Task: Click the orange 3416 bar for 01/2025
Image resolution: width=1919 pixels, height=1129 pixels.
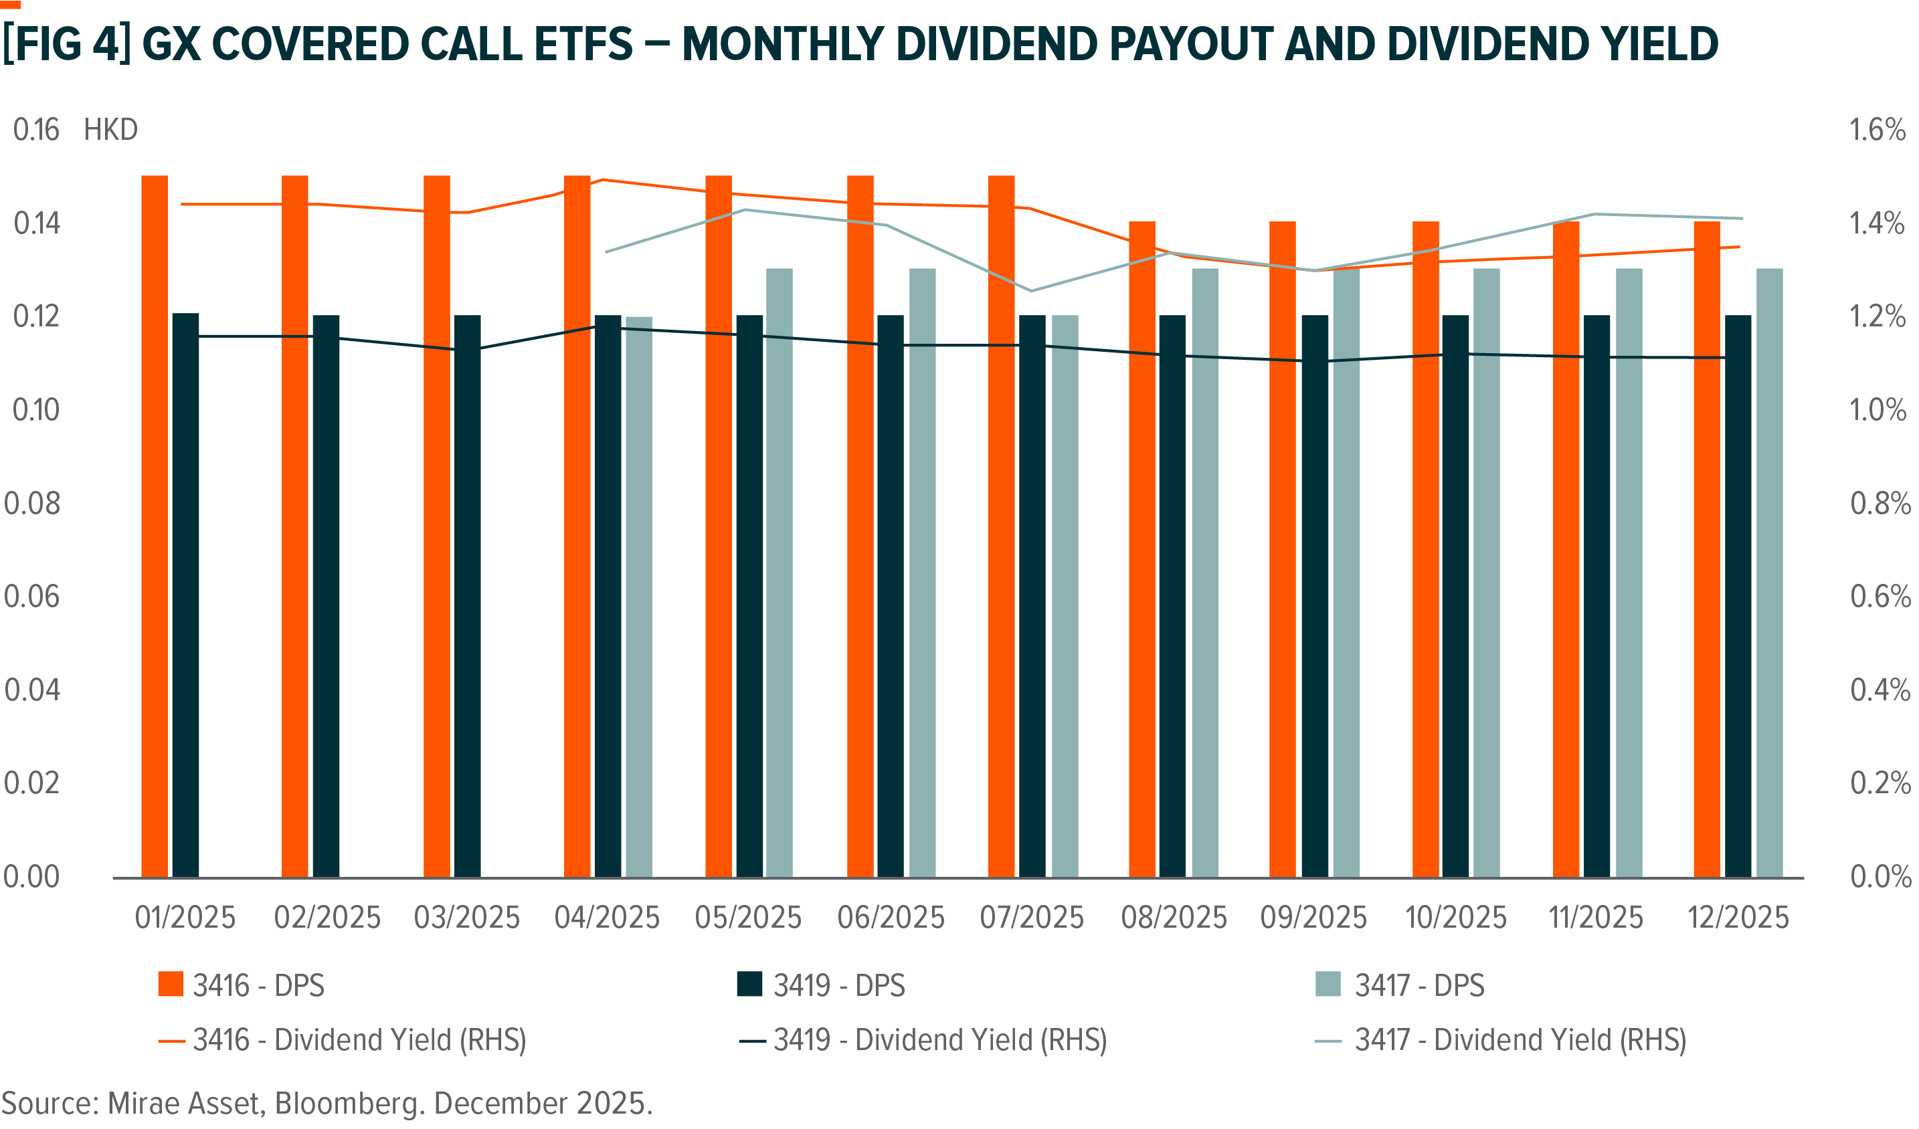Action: (155, 525)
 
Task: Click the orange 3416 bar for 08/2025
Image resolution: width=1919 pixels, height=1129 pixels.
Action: (1142, 548)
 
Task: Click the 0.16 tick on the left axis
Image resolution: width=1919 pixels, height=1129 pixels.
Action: (35, 130)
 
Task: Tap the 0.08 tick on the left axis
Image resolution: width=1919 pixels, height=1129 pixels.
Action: (32, 503)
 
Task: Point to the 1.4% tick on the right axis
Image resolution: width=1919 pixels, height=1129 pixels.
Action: (1877, 223)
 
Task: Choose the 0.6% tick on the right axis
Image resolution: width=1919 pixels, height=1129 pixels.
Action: (1880, 596)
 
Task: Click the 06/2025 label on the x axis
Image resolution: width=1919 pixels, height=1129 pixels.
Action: (891, 918)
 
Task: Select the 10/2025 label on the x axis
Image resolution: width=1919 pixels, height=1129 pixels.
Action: (1456, 918)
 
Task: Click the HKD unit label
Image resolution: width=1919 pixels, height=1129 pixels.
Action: (110, 130)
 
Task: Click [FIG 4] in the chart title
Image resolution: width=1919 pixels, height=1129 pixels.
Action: (66, 43)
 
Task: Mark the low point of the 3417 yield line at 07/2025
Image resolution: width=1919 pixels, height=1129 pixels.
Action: (1032, 291)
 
